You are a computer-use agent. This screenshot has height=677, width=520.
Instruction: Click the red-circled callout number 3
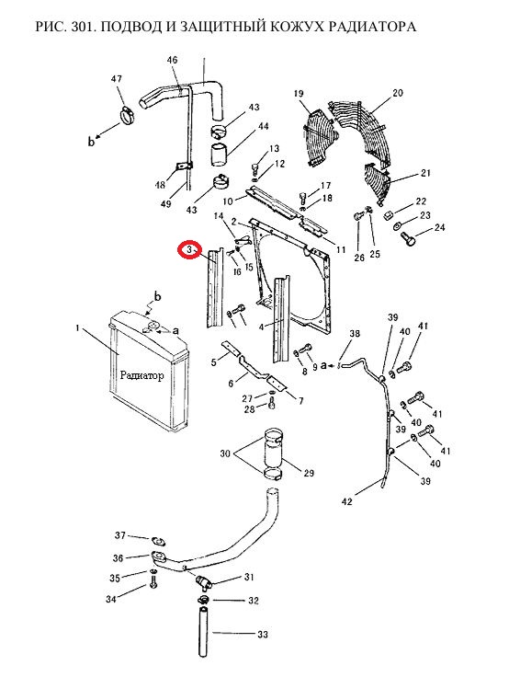point(189,250)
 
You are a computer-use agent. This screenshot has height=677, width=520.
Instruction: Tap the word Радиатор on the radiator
point(141,375)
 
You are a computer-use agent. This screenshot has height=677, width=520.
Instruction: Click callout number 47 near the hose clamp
point(117,79)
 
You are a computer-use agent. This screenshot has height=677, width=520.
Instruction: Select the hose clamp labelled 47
point(127,115)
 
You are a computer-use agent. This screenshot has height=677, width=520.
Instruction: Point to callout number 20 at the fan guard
point(398,93)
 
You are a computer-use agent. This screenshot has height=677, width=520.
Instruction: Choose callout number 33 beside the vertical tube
point(263,635)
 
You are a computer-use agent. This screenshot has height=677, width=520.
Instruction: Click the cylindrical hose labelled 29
point(273,453)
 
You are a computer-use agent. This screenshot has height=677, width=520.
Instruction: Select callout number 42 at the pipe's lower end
point(347,501)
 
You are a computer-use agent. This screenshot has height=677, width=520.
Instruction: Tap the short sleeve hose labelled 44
point(219,155)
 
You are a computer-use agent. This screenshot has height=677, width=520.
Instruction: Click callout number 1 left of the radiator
point(77,328)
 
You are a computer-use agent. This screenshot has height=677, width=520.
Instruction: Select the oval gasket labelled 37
point(159,541)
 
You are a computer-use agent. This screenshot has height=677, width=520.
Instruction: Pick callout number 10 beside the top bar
point(228,201)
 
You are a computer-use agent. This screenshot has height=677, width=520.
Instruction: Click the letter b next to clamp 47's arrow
point(91,141)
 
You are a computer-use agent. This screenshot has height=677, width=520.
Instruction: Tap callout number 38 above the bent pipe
point(355,334)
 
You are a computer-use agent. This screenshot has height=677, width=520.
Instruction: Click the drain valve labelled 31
point(203,583)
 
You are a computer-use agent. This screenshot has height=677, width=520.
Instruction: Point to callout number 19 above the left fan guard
point(299,93)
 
